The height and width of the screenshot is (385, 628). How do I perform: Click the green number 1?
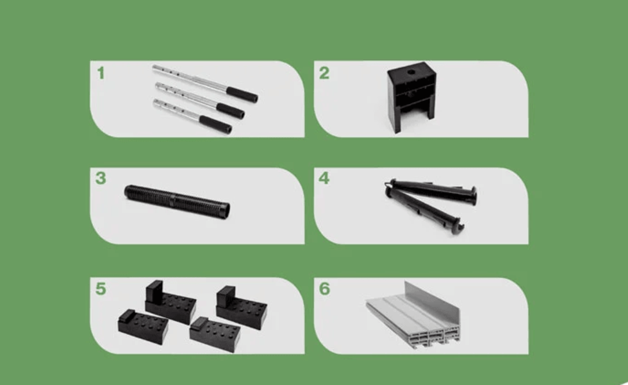pyautogui.click(x=101, y=73)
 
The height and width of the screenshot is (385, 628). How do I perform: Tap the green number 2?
pyautogui.click(x=324, y=73)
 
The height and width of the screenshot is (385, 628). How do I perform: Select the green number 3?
pyautogui.click(x=101, y=178)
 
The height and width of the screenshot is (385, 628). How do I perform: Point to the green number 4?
pyautogui.click(x=324, y=178)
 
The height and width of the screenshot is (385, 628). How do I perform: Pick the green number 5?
pyautogui.click(x=101, y=289)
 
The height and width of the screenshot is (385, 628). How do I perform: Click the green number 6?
pyautogui.click(x=324, y=289)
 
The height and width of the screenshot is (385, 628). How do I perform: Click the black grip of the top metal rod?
pyautogui.click(x=242, y=94)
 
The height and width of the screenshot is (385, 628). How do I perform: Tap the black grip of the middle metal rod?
pyautogui.click(x=230, y=110)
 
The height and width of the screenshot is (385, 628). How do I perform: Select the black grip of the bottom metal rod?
pyautogui.click(x=215, y=124)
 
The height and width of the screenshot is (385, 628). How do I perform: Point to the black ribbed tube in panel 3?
pyautogui.click(x=177, y=201)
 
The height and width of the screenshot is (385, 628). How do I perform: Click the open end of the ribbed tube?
pyautogui.click(x=226, y=210)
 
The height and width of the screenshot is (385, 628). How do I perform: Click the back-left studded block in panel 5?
pyautogui.click(x=170, y=302)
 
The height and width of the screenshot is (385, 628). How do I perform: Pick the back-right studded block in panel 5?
pyautogui.click(x=242, y=307)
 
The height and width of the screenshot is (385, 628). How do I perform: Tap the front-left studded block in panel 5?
pyautogui.click(x=143, y=327)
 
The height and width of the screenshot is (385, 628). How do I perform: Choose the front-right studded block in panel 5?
pyautogui.click(x=215, y=335)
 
